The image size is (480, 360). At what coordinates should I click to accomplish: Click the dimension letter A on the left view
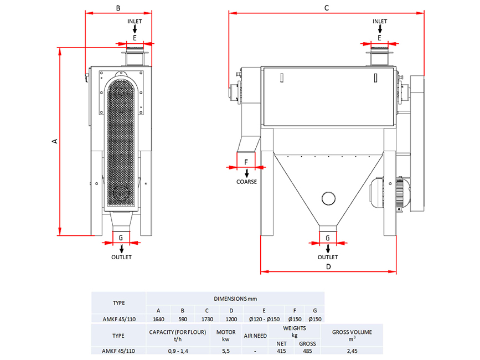[54, 141]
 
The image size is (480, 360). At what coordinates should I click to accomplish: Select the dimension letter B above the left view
[118, 8]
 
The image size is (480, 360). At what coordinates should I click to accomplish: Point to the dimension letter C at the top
[327, 8]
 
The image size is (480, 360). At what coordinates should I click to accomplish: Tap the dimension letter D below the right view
[328, 266]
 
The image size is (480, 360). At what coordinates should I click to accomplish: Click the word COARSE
[246, 182]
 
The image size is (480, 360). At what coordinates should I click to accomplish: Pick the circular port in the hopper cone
[328, 198]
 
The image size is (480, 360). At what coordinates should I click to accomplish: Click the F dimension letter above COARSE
[246, 162]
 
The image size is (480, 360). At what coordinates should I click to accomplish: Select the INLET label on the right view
[380, 22]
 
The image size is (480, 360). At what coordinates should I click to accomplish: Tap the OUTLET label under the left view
[122, 257]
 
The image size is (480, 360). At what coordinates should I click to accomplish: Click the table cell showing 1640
[158, 319]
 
